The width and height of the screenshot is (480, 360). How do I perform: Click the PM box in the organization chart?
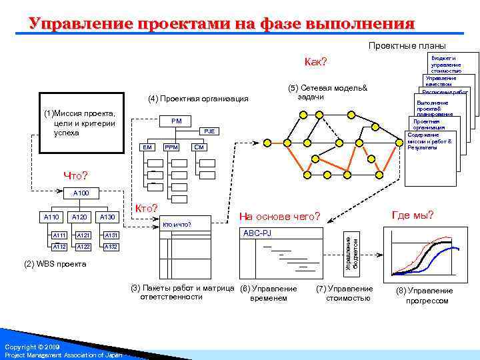[x=176, y=121]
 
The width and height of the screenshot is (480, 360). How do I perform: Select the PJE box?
[x=209, y=131]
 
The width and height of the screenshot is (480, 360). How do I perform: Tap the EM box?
[x=147, y=147]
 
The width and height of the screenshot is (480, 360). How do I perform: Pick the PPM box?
[x=171, y=147]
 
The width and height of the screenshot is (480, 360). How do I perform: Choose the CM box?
[x=199, y=147]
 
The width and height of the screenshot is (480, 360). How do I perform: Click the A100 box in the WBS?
[x=81, y=193]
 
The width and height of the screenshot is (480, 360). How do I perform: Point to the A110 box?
[x=51, y=217]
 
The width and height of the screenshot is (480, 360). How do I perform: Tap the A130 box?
[x=107, y=217]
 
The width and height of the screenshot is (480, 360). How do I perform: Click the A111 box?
[x=59, y=235]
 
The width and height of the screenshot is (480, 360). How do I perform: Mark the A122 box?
[x=83, y=246]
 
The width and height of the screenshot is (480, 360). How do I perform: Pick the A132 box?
[x=111, y=246]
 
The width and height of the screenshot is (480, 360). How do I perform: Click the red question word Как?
[x=315, y=62]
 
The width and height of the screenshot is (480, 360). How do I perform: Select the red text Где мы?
[x=413, y=214]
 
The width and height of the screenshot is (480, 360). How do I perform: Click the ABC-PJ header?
[x=257, y=233]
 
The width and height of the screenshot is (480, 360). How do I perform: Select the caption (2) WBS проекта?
[x=55, y=264]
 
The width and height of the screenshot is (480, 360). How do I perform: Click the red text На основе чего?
[x=281, y=217]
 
